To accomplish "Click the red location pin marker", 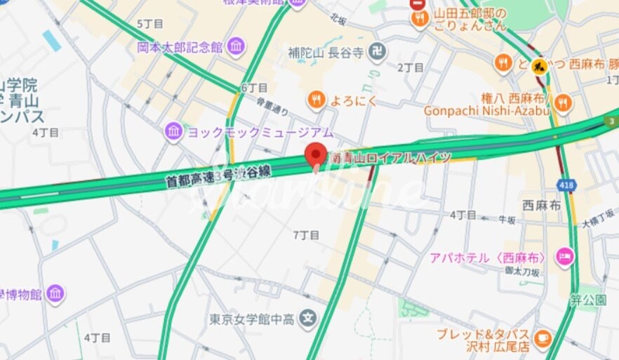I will coord(316,154).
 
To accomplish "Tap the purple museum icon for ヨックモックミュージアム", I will coord(174,131).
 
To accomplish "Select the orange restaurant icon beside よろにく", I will coord(317,100).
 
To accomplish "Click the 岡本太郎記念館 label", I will coord(180,48).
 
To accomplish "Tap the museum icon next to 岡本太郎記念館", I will coord(237,47).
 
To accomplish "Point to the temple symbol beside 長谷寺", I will coord(378,53).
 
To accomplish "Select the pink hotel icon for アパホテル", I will coord(564,258).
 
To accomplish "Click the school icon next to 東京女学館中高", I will coord(307,319).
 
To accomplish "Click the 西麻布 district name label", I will coord(541,206).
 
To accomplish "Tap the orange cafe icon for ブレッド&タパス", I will coord(542,338).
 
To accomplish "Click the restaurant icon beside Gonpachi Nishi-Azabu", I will coord(562,104).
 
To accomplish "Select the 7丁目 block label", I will coord(306,235).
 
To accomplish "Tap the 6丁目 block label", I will coord(254,88).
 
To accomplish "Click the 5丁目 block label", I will coord(150,24).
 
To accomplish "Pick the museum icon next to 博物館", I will coord(55,293).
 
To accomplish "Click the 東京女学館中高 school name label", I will coord(252,320).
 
